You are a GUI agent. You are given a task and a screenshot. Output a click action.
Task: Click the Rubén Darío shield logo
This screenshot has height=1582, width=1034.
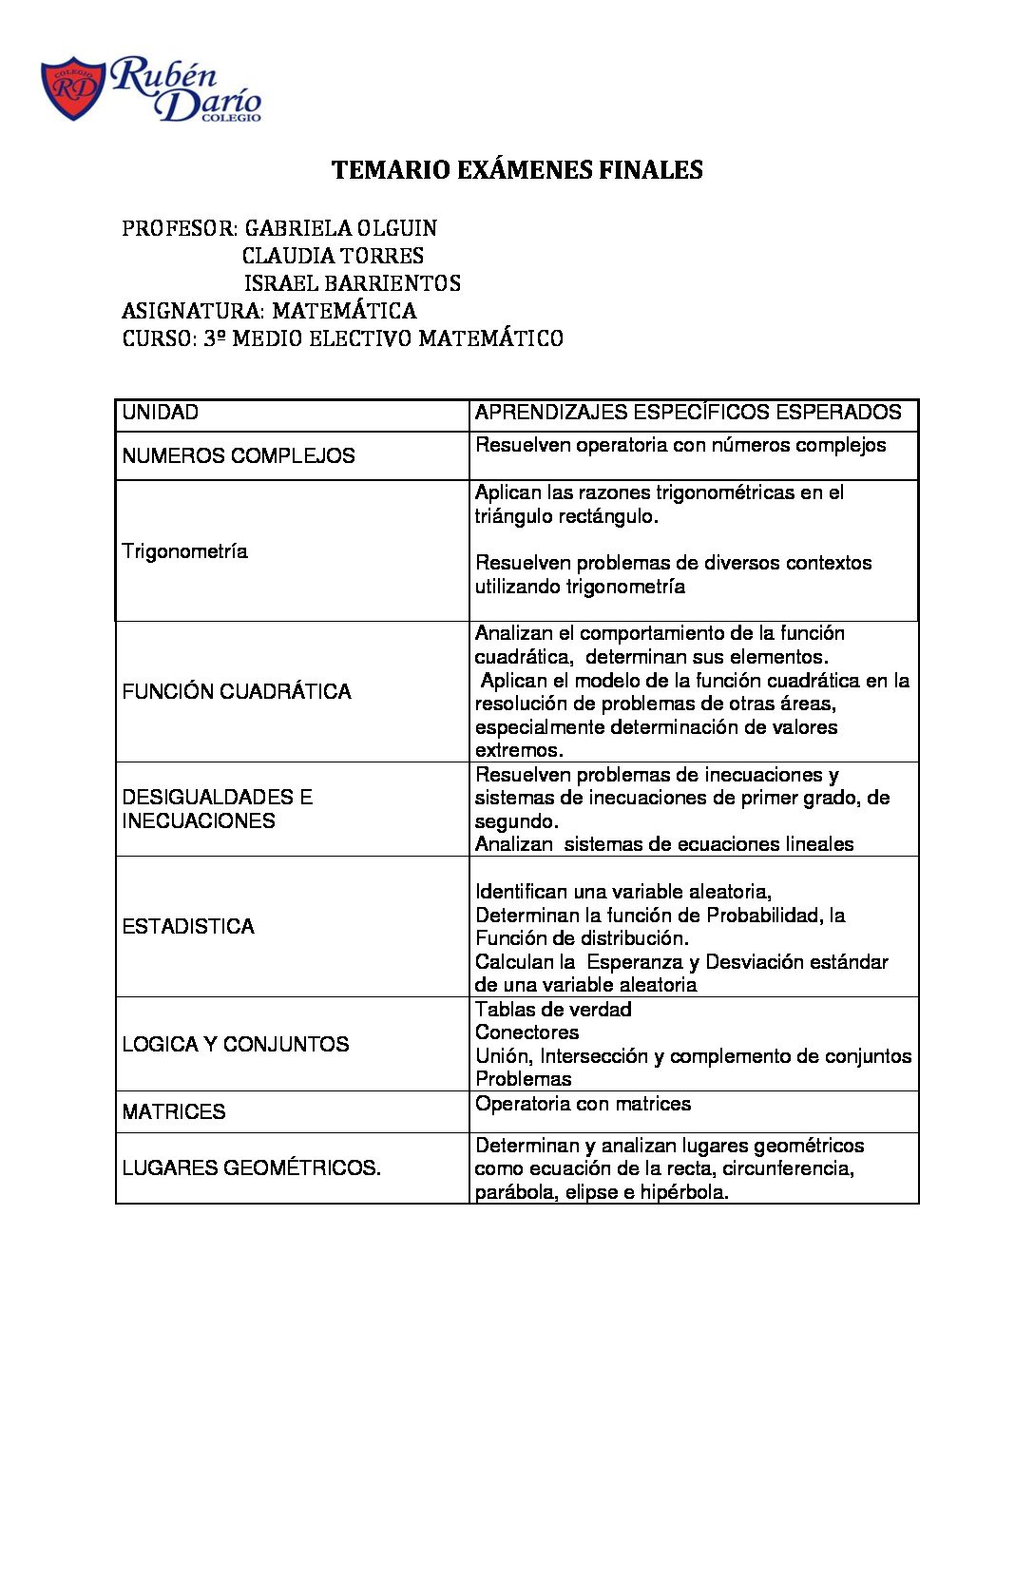coord(72,89)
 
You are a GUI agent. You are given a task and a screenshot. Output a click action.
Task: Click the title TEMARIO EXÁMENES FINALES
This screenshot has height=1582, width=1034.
coord(517,170)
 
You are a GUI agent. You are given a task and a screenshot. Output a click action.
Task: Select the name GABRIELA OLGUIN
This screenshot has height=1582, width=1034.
coord(340,228)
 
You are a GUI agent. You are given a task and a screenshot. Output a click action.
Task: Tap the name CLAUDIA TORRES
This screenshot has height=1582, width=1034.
coord(333,256)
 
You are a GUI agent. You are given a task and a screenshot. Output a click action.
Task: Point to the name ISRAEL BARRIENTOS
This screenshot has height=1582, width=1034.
coord(352,283)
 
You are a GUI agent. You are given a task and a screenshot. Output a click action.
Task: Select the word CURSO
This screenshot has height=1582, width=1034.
coord(158,338)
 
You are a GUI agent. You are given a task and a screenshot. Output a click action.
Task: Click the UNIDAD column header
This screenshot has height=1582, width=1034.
coord(161,413)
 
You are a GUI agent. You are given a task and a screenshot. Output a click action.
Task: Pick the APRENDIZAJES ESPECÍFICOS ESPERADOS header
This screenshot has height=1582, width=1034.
coord(688,413)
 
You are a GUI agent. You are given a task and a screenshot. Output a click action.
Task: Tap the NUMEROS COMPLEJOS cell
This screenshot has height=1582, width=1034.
coord(239,456)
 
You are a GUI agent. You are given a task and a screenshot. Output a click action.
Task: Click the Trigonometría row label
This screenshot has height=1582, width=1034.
coord(184,551)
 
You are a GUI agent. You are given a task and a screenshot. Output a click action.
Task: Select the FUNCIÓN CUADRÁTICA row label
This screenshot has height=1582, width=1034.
coord(237,692)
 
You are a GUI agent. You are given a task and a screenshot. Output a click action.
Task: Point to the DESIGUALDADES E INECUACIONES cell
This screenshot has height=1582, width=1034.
coord(218,809)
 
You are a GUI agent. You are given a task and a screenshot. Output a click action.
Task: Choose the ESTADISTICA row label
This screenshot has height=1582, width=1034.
coord(188,927)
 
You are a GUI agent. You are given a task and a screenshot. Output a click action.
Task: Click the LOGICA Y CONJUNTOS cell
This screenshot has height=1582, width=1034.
coord(236,1045)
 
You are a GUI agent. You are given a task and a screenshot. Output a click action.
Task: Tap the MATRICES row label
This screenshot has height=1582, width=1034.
coord(174,1112)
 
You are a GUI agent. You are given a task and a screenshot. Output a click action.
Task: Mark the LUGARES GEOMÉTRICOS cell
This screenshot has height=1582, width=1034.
coord(251,1168)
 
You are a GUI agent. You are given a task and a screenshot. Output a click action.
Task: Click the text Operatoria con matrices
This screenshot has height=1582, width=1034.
coord(583,1104)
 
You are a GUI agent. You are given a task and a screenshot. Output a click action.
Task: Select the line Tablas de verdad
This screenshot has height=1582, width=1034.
coord(553,1010)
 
